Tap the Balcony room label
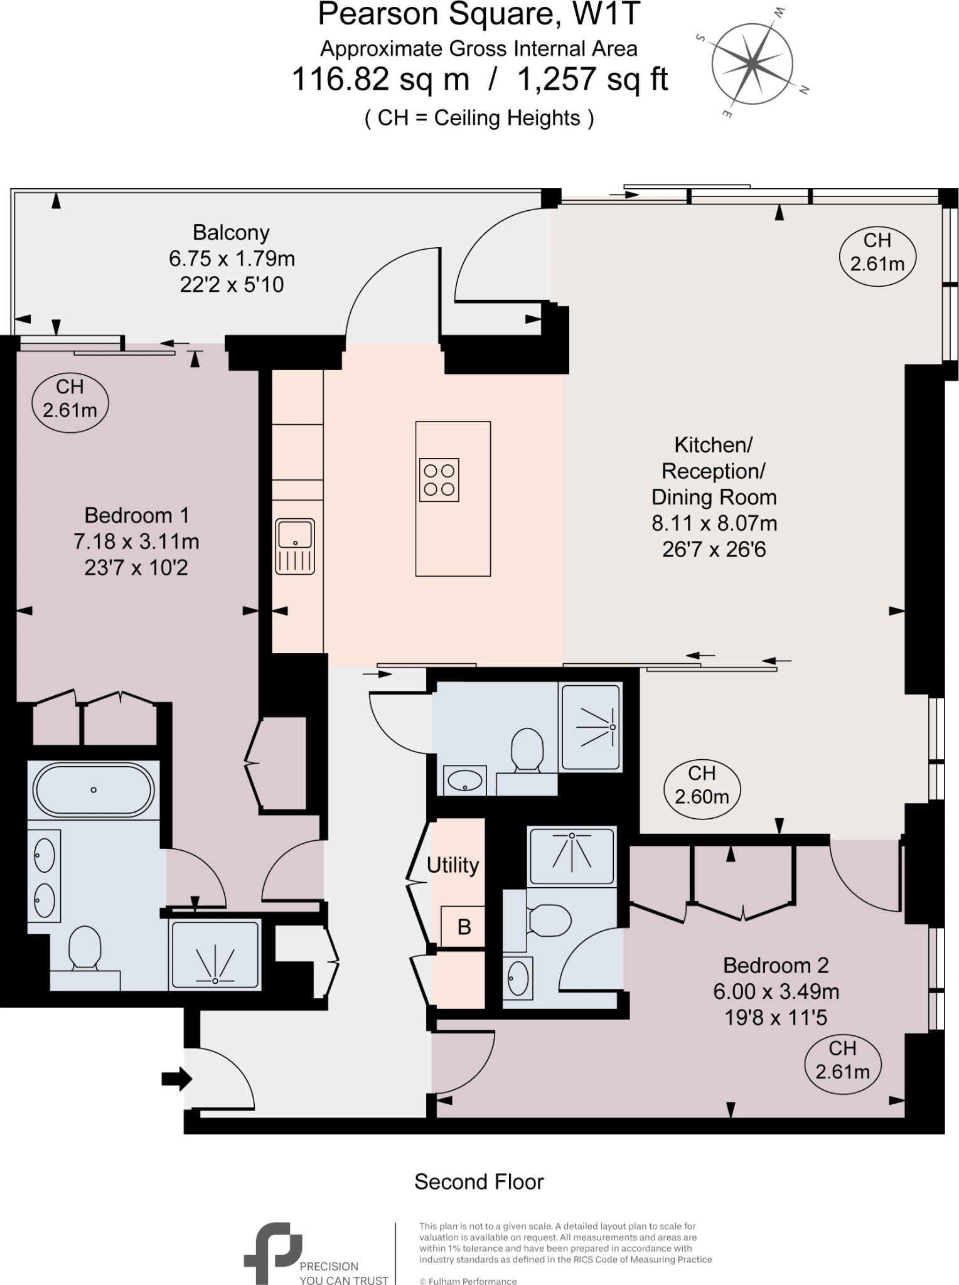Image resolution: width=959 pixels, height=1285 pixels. (231, 233)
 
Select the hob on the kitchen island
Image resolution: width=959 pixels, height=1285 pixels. (439, 480)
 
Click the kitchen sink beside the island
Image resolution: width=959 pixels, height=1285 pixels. (295, 546)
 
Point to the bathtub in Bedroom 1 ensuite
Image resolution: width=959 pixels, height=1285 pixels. (94, 789)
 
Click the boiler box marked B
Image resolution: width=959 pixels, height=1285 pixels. (463, 927)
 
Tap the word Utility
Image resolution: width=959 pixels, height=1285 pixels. (453, 865)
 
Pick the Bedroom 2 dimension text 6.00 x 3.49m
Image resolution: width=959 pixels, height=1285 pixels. (776, 991)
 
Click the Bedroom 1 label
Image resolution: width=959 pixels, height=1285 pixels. (136, 515)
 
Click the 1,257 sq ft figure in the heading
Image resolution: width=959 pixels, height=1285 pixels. (592, 80)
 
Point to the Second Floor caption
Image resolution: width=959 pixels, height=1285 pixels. (479, 1182)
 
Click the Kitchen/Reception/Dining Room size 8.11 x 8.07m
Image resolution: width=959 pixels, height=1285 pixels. (714, 523)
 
